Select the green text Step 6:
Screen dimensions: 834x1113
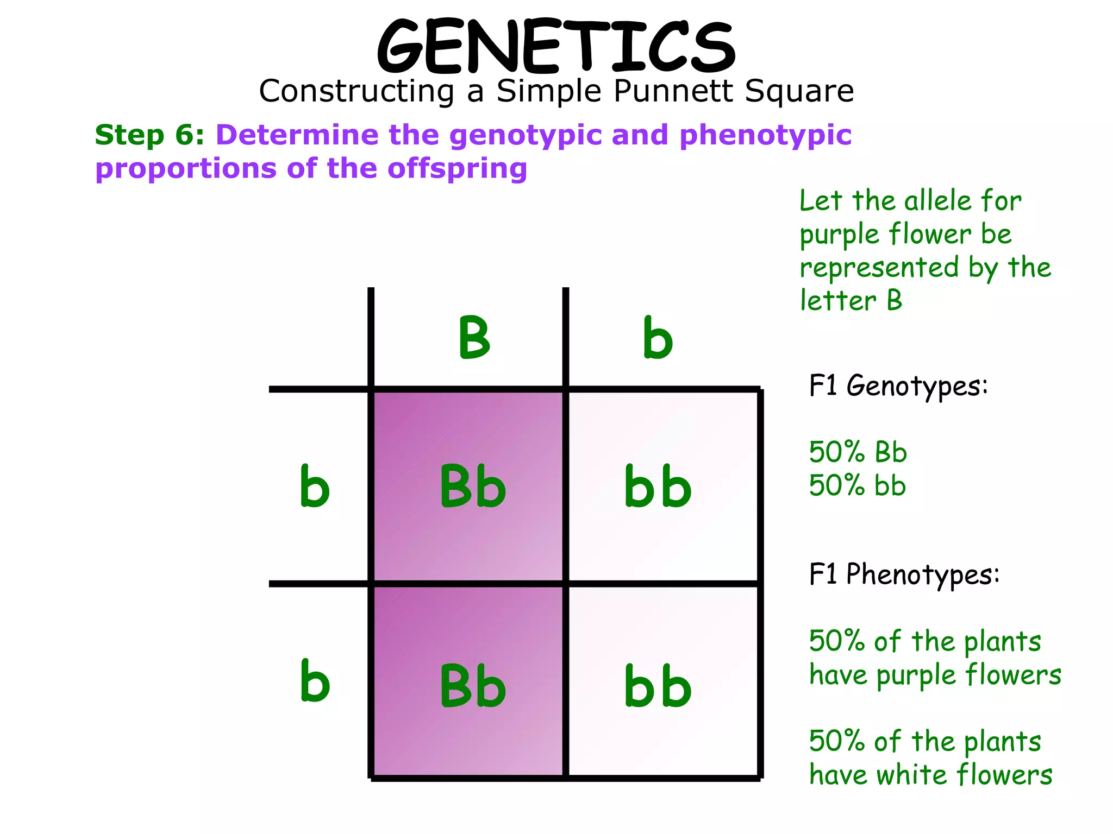(x=149, y=135)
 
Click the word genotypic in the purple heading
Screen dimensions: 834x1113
(x=525, y=136)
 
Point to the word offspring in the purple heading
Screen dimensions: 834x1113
(x=457, y=168)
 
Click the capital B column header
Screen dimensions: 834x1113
(x=474, y=338)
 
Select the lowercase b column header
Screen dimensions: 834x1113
(x=658, y=338)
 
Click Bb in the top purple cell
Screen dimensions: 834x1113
(x=472, y=486)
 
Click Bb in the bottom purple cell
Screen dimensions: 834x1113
(x=472, y=686)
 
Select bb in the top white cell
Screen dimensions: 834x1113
(x=658, y=486)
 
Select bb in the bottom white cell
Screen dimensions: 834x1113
(x=658, y=686)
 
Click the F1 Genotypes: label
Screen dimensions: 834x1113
(x=898, y=387)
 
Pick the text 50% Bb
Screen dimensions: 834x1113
(x=858, y=452)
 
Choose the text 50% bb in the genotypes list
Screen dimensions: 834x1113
(x=857, y=485)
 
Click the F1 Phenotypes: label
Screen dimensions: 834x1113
(x=904, y=574)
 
